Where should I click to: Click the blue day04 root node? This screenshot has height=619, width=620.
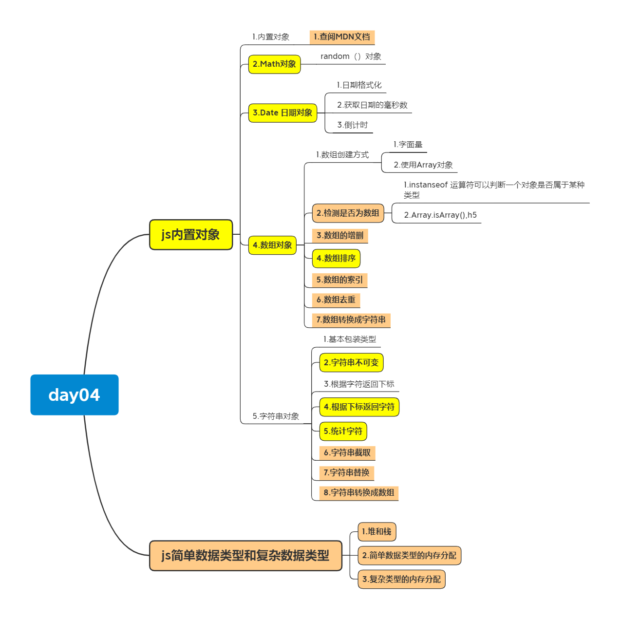click(75, 395)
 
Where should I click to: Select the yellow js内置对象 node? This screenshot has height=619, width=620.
click(191, 235)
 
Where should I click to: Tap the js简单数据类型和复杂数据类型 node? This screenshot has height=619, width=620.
click(245, 555)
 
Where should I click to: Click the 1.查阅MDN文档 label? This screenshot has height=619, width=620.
click(342, 37)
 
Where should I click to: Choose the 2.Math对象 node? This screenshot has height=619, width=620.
click(274, 64)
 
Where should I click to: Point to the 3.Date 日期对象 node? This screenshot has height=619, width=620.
click(282, 113)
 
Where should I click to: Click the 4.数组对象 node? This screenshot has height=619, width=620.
click(272, 245)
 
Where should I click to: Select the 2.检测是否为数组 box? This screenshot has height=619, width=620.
click(348, 213)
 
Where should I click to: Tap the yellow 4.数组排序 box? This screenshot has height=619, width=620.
click(336, 259)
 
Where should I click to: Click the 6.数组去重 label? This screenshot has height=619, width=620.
click(336, 300)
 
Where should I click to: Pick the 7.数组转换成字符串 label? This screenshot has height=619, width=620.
click(351, 320)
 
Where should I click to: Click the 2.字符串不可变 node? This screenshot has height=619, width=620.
click(351, 363)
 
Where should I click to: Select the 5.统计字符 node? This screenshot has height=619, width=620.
click(343, 431)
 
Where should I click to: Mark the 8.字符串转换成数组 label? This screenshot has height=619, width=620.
click(359, 493)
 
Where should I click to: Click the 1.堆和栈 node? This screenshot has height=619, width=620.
click(376, 532)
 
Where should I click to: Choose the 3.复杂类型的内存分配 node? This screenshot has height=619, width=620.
click(401, 580)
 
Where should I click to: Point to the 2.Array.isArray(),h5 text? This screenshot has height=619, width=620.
click(440, 215)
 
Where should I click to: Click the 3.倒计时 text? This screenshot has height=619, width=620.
click(353, 125)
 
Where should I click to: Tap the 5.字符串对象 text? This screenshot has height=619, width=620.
click(276, 416)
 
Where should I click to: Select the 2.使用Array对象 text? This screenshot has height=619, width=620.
click(423, 165)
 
